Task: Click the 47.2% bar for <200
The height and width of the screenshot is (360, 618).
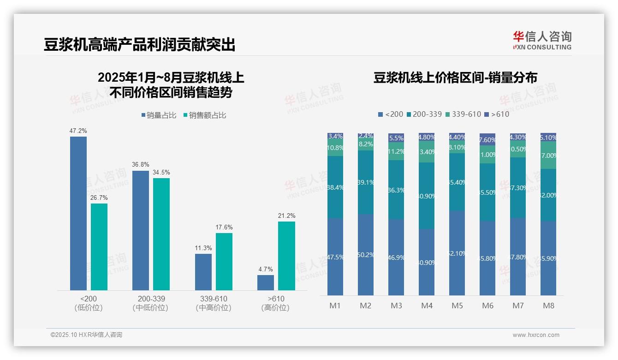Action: pyautogui.click(x=78, y=213)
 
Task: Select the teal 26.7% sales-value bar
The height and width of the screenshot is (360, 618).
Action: pyautogui.click(x=99, y=247)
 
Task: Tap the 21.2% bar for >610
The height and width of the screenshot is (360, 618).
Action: pyautogui.click(x=286, y=256)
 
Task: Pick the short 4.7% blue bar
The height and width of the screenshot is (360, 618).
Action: pyautogui.click(x=265, y=282)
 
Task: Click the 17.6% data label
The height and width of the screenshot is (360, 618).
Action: pyautogui.click(x=224, y=227)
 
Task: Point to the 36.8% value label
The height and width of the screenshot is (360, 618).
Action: pyautogui.click(x=141, y=165)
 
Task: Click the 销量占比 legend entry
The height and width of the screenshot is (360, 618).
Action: pyautogui.click(x=159, y=115)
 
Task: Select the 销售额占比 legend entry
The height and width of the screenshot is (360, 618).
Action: pyautogui.click(x=205, y=115)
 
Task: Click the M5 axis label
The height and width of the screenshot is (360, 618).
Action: pyautogui.click(x=457, y=306)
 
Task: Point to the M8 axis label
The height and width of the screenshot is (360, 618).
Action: pyautogui.click(x=548, y=306)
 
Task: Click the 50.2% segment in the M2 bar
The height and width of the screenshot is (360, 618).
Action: pyautogui.click(x=366, y=254)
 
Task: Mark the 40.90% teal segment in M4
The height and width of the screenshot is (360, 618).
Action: pyautogui.click(x=427, y=196)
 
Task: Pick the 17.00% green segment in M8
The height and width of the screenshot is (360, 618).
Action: pyautogui.click(x=548, y=155)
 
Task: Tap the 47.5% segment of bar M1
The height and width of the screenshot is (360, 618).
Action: pyautogui.click(x=335, y=257)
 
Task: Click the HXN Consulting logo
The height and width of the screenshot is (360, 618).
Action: pyautogui.click(x=542, y=40)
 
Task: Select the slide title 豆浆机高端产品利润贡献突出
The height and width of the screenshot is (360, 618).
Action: pyautogui.click(x=139, y=45)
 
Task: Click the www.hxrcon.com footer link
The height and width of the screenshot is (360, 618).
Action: pyautogui.click(x=535, y=335)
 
